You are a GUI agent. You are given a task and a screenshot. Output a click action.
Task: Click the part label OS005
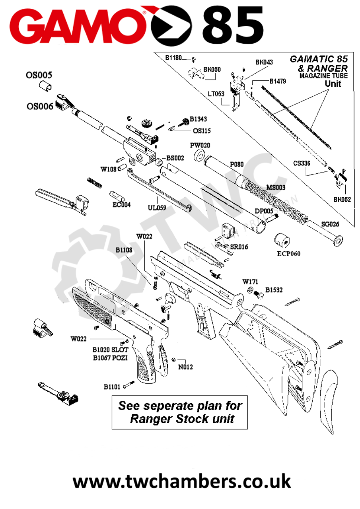(39, 75)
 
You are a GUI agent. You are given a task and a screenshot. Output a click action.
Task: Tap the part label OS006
(40, 106)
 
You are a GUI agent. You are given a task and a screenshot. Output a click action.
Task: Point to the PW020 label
(200, 145)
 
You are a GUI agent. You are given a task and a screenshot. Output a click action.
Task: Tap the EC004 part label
(122, 205)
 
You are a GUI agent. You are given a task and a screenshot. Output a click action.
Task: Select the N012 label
(185, 367)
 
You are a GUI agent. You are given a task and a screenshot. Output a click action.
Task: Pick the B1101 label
(112, 387)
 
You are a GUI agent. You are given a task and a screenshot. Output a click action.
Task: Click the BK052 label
(342, 200)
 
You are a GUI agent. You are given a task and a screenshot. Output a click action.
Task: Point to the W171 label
(251, 282)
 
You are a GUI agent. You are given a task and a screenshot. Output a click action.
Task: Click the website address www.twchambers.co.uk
(181, 481)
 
